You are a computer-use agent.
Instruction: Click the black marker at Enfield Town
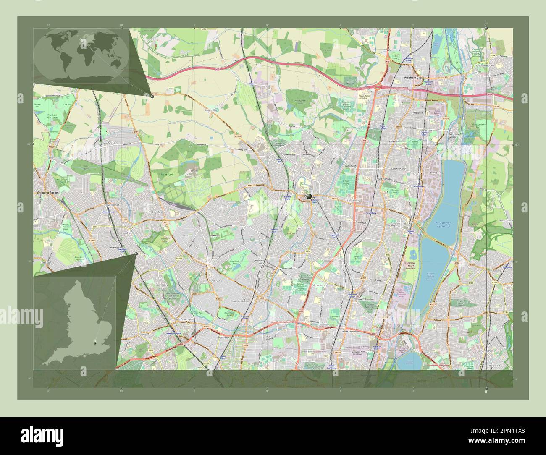tap(309, 196)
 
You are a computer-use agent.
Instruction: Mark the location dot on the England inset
tap(96, 343)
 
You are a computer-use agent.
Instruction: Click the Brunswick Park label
tap(161, 287)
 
